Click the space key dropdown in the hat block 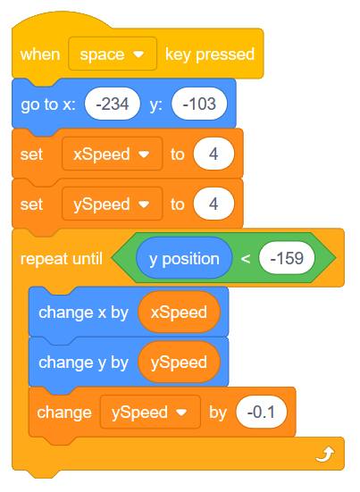(113, 54)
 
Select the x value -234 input (113, 104)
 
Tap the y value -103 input (199, 104)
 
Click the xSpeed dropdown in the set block (111, 154)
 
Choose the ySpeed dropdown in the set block (111, 204)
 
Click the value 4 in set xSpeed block (213, 154)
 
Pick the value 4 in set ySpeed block (213, 204)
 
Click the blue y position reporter (184, 259)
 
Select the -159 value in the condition (288, 259)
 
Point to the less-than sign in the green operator (246, 259)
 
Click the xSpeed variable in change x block (179, 313)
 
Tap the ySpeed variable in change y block (179, 363)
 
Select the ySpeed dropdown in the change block (149, 413)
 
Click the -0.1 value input (262, 413)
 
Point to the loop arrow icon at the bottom (324, 455)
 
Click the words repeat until (61, 259)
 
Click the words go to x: (48, 104)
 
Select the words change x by (84, 313)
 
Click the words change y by (84, 363)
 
